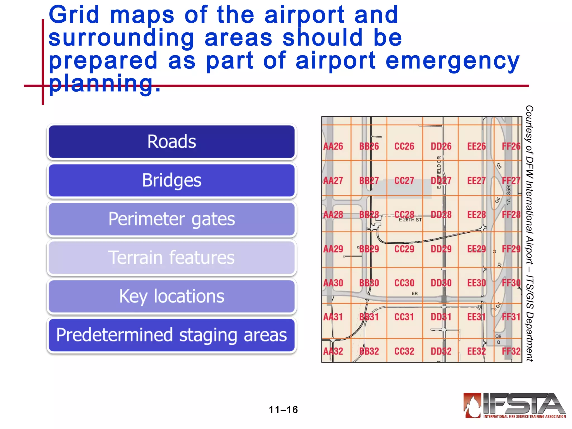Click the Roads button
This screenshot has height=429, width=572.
point(171,142)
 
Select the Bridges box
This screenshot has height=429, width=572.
point(171,180)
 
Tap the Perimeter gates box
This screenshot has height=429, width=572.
point(171,219)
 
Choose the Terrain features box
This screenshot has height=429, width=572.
point(171,258)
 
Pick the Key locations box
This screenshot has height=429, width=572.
point(171,296)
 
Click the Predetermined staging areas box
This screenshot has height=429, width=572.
point(171,335)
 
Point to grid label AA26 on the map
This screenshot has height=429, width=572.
point(333,146)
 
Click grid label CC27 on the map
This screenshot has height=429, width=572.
point(404,181)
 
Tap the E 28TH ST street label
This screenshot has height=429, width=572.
point(410,220)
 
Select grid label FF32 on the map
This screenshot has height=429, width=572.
point(511,351)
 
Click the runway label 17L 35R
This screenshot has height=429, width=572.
point(508,195)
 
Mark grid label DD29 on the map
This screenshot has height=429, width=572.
point(441,249)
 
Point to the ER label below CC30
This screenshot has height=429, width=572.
point(414,294)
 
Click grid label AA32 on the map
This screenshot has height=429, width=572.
point(333,351)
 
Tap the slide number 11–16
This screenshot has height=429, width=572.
point(283,410)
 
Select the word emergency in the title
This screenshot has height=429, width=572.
point(452,61)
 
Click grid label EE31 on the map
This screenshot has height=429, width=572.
point(476,317)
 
